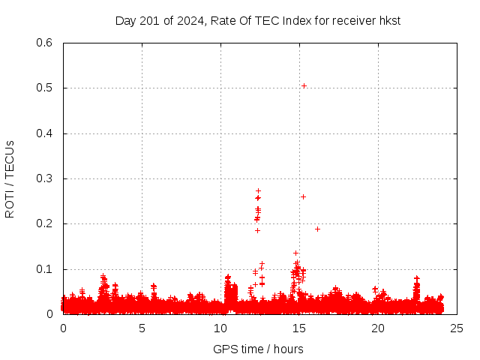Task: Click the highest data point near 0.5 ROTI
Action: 304,85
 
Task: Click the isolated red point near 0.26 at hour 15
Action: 303,196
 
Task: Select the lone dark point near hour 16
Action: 317,229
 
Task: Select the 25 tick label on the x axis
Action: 457,328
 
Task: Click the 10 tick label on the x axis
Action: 220,328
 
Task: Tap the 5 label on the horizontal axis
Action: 142,328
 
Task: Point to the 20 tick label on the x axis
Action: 378,328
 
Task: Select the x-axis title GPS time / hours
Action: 258,349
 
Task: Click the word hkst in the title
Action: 389,20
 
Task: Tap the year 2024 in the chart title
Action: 192,20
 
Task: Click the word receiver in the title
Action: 351,20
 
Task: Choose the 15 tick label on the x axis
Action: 299,328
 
